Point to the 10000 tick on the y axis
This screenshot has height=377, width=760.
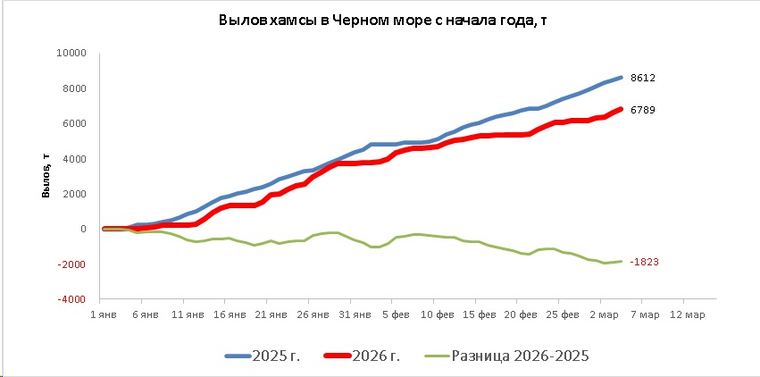point(71,53)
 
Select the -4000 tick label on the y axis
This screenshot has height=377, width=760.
point(71,299)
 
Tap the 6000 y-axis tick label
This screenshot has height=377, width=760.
point(73,123)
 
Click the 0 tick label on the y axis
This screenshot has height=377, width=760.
point(82,229)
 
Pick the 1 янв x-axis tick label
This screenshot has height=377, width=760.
point(104,314)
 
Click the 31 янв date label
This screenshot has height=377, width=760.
point(355,314)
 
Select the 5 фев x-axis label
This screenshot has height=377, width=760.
point(397,314)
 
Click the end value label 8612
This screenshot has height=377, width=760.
point(643,78)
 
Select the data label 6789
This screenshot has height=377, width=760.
point(643,110)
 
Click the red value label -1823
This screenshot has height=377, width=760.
point(643,262)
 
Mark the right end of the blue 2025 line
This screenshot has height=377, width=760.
point(621,77)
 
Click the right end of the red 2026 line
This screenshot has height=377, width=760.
point(621,109)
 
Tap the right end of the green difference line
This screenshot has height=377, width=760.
point(621,261)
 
